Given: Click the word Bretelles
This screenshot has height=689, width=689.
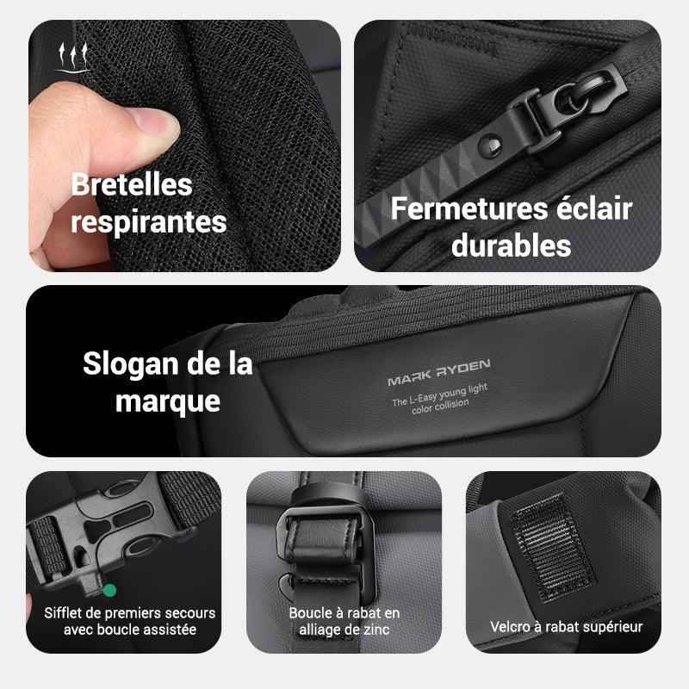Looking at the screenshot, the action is point(132,184).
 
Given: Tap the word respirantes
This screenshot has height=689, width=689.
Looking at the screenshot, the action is point(148,222).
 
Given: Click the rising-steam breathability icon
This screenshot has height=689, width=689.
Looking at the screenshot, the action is point(73,57).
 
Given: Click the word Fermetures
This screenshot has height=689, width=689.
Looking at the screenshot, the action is point(469,208).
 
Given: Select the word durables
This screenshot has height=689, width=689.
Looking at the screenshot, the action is point(511,245).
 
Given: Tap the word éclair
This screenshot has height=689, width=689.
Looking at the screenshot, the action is point(594,208).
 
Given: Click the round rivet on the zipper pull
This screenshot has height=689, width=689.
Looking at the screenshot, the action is point(490,145).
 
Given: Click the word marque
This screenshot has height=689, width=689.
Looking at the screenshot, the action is point(167,402).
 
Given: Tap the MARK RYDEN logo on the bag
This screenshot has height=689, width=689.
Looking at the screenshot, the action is point(439,372).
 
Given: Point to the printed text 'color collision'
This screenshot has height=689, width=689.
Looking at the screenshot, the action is point(440,407).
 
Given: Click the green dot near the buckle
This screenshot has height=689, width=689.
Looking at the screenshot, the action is point(109,590).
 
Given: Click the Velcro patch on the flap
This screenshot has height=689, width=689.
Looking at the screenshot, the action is point(549,547).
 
